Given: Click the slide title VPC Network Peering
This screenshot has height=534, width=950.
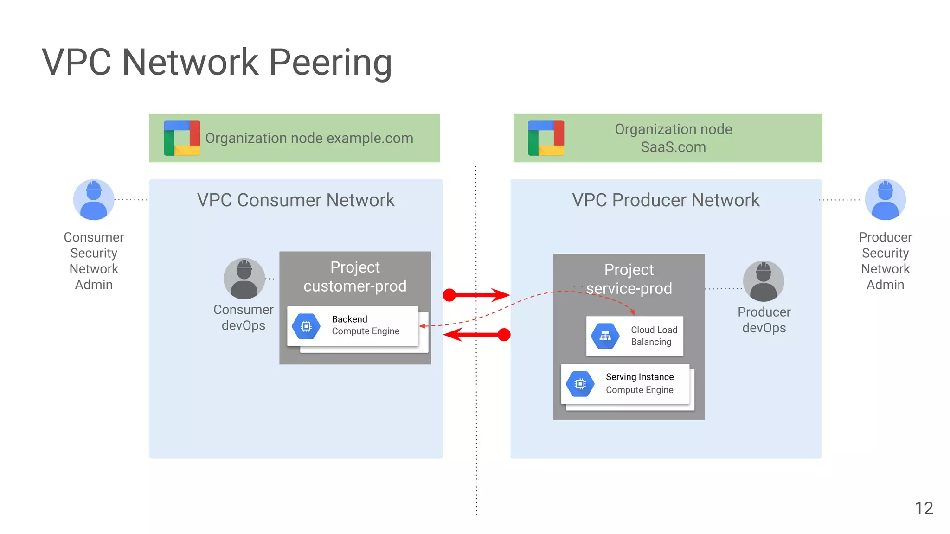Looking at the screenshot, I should click(x=217, y=62).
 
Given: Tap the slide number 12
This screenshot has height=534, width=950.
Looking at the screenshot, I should click(x=924, y=508).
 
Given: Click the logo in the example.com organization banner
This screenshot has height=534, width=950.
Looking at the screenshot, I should click(x=182, y=138).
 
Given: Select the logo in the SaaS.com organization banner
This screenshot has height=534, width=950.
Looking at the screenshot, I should click(x=546, y=138).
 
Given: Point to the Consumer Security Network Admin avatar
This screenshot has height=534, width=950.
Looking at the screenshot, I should click(x=94, y=200).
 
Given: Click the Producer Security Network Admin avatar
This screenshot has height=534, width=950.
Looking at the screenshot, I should click(x=885, y=200).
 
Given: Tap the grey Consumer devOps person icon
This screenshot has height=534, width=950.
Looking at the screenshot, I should click(x=244, y=279).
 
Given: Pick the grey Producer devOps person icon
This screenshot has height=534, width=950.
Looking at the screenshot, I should click(x=764, y=281).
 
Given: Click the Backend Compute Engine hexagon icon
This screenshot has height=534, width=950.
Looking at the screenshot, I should click(x=306, y=326).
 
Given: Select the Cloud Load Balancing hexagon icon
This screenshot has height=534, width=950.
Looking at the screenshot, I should click(x=605, y=336).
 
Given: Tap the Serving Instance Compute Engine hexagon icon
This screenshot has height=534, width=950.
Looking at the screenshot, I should click(x=580, y=384).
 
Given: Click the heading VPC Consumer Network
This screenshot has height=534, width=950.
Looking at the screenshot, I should click(x=296, y=200).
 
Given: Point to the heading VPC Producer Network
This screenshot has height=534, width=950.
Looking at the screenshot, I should click(x=666, y=200).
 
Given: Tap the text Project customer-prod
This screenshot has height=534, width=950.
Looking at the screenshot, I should click(x=355, y=277).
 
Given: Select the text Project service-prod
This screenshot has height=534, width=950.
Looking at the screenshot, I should click(x=629, y=279).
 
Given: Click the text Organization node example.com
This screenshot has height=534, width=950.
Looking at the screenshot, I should click(x=309, y=138).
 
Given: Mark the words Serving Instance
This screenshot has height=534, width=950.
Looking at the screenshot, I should click(x=640, y=377).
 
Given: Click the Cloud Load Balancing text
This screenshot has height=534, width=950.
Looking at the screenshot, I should click(x=654, y=336).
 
